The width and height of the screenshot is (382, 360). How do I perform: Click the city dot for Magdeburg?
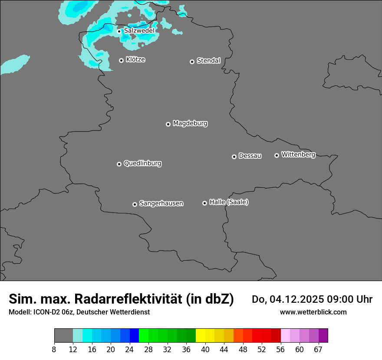(168, 124)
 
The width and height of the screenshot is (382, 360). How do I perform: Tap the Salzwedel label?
(139, 31)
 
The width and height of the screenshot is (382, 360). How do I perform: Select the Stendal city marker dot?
(192, 62)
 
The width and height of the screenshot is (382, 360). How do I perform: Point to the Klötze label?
(135, 59)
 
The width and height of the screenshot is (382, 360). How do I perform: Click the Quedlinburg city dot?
(119, 164)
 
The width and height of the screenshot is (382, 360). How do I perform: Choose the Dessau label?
(250, 156)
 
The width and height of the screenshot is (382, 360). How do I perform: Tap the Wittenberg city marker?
(277, 155)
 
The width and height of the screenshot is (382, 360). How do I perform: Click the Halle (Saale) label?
(229, 202)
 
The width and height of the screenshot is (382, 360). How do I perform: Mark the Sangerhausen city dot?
(135, 204)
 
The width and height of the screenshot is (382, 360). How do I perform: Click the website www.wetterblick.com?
(313, 312)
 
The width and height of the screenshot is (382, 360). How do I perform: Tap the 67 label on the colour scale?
(318, 349)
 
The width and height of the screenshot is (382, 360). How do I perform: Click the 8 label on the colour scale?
(54, 349)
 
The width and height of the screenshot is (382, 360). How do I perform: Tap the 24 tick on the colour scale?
(130, 349)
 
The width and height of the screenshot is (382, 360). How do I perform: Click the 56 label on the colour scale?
(281, 349)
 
